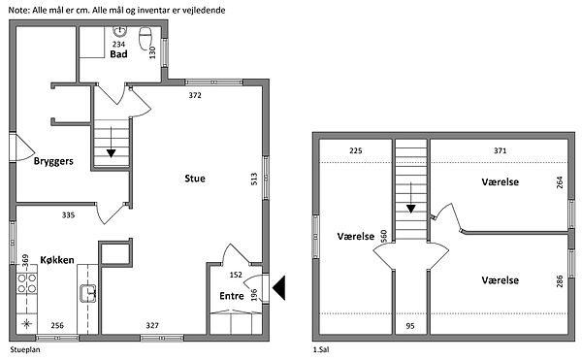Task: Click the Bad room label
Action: click(x=118, y=54)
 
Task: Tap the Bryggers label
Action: click(x=53, y=161)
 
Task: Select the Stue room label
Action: click(x=195, y=179)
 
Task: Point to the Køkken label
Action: click(x=57, y=260)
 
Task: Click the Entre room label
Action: click(x=232, y=296)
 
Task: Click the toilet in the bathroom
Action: click(x=145, y=36)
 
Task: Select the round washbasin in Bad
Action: click(x=120, y=32)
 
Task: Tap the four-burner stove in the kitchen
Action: click(x=27, y=282)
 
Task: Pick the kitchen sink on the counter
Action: click(x=88, y=293)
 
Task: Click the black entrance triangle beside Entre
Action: click(x=278, y=287)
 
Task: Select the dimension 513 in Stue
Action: click(x=254, y=180)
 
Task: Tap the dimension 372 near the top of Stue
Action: click(x=195, y=95)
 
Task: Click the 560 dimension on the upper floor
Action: click(x=384, y=236)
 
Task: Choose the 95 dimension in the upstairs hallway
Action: click(x=410, y=326)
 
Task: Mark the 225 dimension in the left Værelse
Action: click(x=356, y=150)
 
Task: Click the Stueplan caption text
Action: click(x=25, y=349)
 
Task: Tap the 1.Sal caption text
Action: click(x=321, y=349)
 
